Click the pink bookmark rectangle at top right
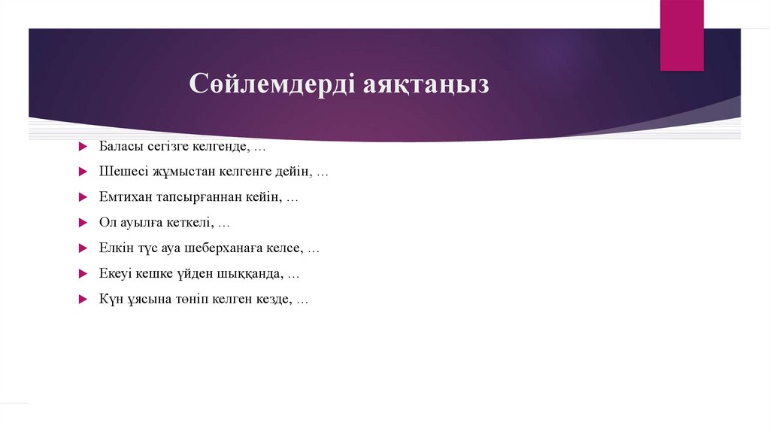681,35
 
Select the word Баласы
119,145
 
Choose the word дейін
294,172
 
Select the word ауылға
141,223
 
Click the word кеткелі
192,223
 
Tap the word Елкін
115,248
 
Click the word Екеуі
116,273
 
